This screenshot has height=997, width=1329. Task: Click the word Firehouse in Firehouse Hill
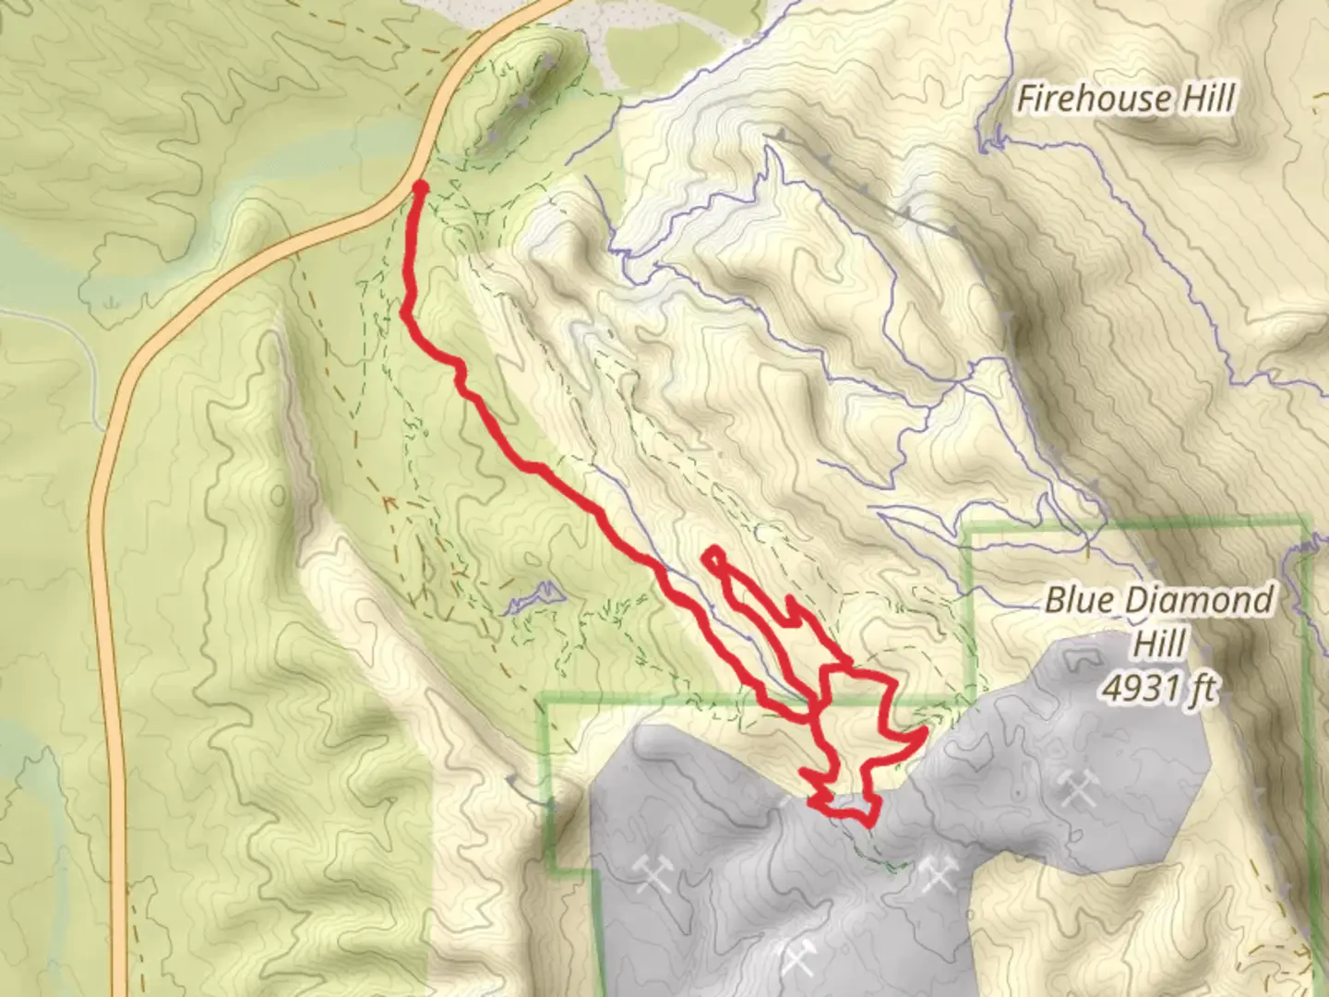(x=1082, y=99)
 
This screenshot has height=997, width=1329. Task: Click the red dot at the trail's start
(x=420, y=187)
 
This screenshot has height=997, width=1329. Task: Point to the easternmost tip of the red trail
(x=923, y=732)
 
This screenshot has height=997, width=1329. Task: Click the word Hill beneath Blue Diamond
(x=1159, y=644)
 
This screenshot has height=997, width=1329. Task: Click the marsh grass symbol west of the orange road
(x=112, y=302)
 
